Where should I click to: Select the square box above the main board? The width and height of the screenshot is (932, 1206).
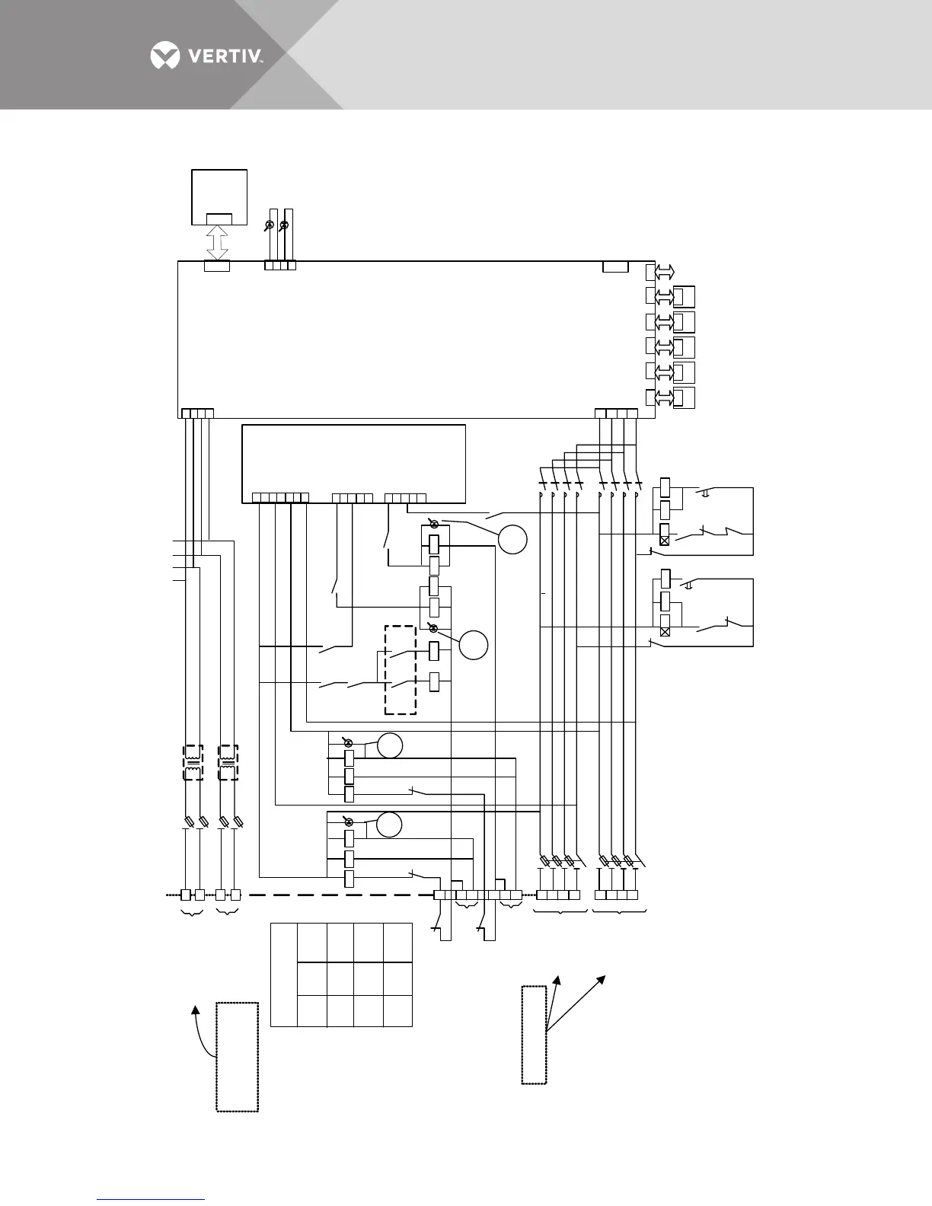click(x=219, y=196)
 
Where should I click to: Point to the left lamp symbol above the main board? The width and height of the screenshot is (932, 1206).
click(x=269, y=225)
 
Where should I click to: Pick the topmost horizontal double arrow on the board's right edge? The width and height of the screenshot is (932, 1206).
click(x=664, y=273)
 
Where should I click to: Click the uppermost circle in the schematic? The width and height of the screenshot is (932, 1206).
click(x=512, y=539)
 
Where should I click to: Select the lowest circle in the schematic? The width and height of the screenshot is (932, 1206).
click(x=389, y=825)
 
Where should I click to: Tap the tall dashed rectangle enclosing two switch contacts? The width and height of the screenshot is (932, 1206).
click(x=401, y=670)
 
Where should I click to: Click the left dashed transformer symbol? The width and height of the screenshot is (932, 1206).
click(x=193, y=763)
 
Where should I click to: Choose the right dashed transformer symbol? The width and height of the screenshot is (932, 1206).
click(x=228, y=763)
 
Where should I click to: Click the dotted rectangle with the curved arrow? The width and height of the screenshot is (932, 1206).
click(x=237, y=1057)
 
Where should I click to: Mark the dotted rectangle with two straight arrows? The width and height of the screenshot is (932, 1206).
click(x=534, y=1034)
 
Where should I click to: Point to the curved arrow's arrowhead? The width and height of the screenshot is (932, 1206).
click(x=196, y=1010)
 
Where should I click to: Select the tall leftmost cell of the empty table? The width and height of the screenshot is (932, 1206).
click(x=283, y=975)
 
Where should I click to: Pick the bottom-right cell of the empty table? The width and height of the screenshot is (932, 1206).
click(x=397, y=1010)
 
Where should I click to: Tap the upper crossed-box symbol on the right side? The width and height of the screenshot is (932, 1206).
click(x=665, y=539)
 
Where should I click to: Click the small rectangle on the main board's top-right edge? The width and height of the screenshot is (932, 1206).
click(x=615, y=266)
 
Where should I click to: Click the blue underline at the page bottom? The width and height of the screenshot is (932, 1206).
click(x=152, y=1199)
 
